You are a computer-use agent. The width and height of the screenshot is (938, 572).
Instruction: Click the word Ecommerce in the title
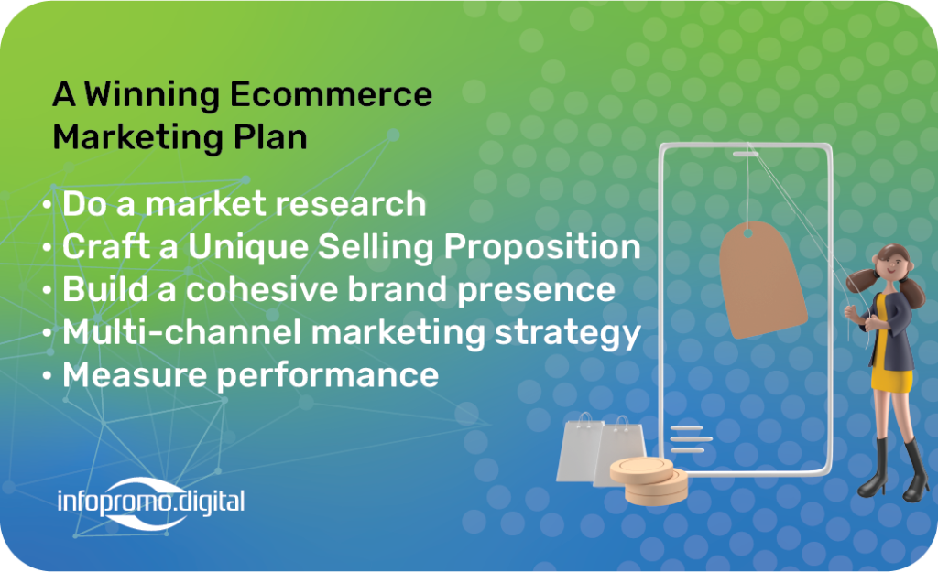[x=330, y=94]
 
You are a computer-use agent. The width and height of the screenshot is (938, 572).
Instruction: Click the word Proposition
[x=542, y=248]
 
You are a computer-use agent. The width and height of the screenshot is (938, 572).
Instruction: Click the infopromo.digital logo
[x=151, y=502]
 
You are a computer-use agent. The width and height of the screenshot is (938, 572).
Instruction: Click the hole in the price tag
[x=747, y=233]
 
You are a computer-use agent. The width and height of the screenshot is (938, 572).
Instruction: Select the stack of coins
[x=649, y=480]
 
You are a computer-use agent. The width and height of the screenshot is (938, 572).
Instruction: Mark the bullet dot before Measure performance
[x=48, y=376]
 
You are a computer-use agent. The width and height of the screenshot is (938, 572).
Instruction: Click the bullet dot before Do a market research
[x=48, y=205]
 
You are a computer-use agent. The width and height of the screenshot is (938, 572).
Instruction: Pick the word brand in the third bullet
[x=398, y=289]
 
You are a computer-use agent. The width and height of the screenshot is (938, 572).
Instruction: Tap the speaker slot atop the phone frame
[x=746, y=154]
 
